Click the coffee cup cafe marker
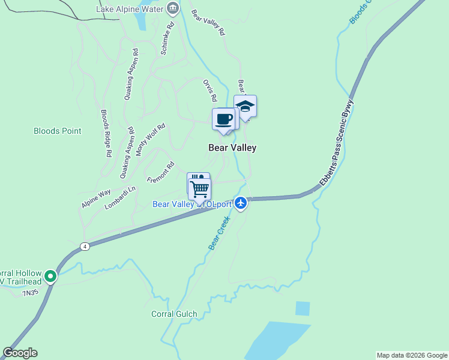click(223, 119)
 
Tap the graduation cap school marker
click(245, 106)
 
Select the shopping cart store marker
click(200, 189)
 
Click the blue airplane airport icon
click(241, 203)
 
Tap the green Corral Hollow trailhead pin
click(50, 277)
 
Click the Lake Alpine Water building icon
click(173, 8)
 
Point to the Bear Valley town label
click(232, 147)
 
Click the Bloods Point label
click(57, 131)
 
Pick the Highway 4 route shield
click(85, 246)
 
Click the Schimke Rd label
click(167, 39)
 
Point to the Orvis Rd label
click(209, 91)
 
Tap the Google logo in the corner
click(20, 353)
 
